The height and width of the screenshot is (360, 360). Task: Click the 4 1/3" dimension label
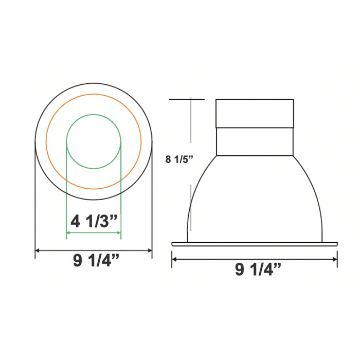click(x=94, y=222)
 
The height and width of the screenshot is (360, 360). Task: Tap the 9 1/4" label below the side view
click(x=258, y=269)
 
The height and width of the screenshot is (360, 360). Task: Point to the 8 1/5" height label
click(x=178, y=159)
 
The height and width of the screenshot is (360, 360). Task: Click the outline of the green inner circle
click(x=94, y=114)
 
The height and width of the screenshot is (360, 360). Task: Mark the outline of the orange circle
click(x=94, y=94)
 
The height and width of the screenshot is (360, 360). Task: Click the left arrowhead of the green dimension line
click(x=69, y=233)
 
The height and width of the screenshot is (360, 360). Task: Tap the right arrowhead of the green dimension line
click(x=118, y=233)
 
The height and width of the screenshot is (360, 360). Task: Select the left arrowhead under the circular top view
click(x=37, y=250)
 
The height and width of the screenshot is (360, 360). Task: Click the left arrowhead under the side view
click(x=174, y=259)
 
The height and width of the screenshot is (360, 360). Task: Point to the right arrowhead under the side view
click(x=335, y=259)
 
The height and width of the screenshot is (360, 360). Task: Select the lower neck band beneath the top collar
click(x=255, y=141)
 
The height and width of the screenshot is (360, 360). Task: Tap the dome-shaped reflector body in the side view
click(x=255, y=201)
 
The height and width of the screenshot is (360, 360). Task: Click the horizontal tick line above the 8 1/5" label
click(x=187, y=98)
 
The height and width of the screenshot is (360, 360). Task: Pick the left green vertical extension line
click(x=67, y=195)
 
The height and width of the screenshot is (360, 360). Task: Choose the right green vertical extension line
click(x=121, y=195)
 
